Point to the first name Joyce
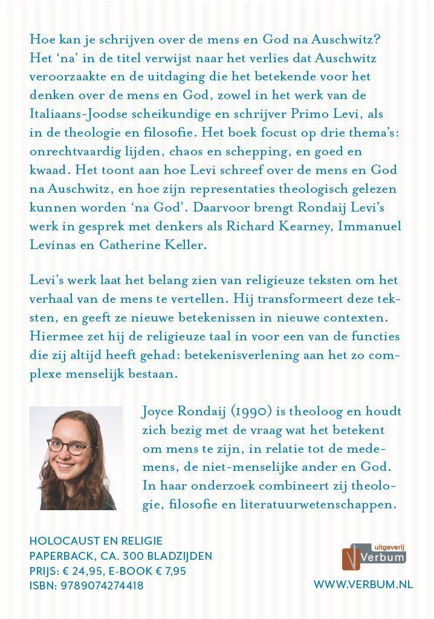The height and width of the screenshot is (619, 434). point(161,412)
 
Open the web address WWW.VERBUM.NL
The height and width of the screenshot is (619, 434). point(358,585)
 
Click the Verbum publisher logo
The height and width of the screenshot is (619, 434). point(374,556)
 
